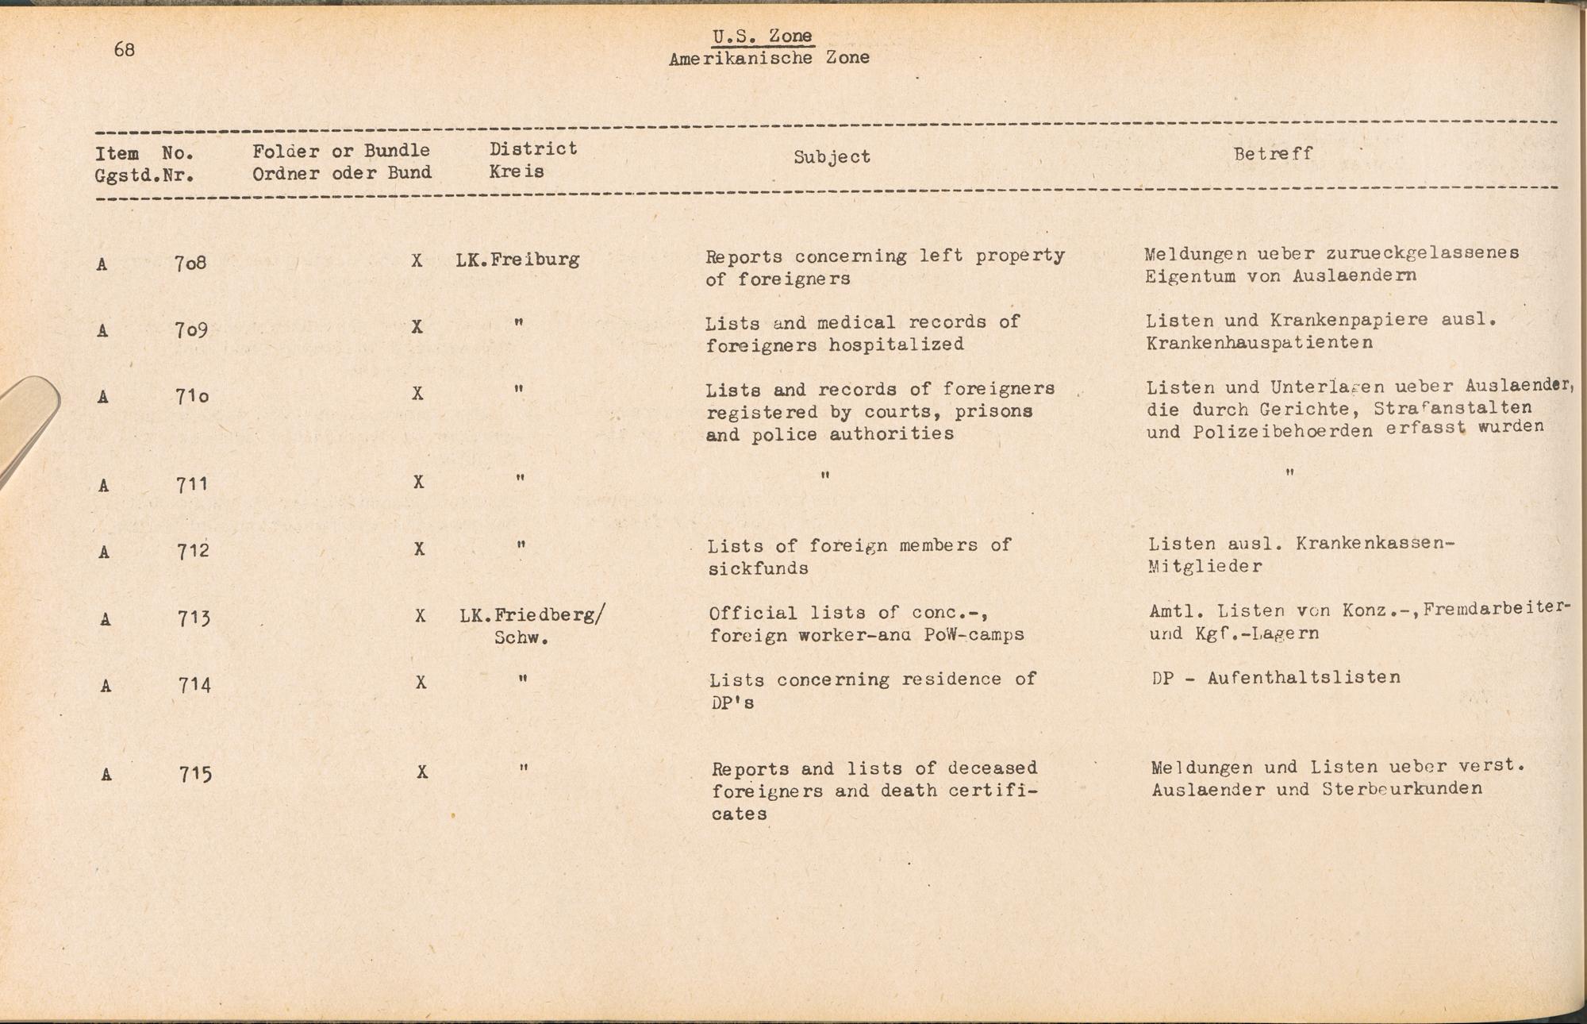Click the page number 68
(125, 49)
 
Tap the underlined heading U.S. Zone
(762, 36)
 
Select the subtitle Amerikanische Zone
(769, 58)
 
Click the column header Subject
(832, 157)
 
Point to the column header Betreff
(1273, 154)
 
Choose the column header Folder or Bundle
(341, 151)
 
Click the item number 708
(190, 263)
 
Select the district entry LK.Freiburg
(517, 260)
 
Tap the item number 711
(192, 483)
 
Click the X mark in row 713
(421, 616)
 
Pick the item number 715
(195, 773)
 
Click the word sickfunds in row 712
(758, 568)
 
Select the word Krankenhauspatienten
(1259, 343)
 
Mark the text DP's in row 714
(731, 703)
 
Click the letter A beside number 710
(102, 396)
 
